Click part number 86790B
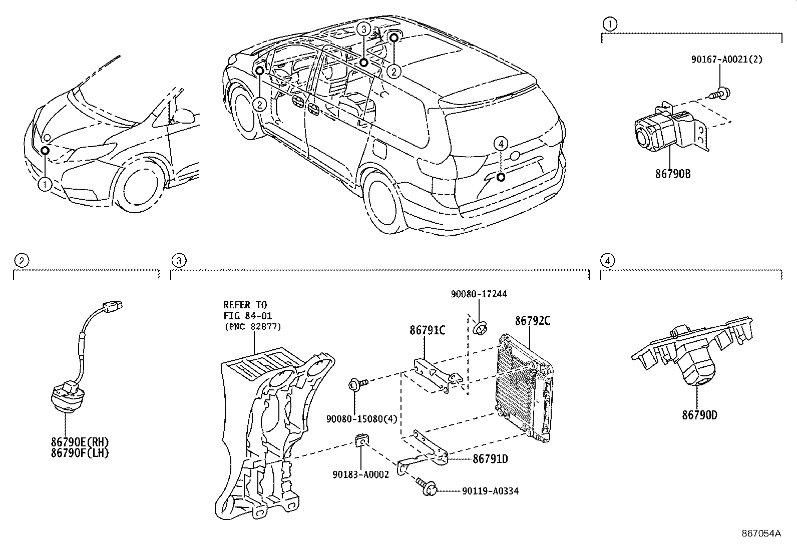(673, 174)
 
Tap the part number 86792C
(533, 321)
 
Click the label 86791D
(490, 458)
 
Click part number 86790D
(699, 415)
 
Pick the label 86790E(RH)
(80, 442)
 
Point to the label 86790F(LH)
(80, 453)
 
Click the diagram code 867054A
(761, 533)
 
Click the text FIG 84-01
(245, 315)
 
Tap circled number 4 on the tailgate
(500, 144)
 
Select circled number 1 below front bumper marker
(45, 185)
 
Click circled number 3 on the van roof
(364, 29)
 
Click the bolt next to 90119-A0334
(427, 488)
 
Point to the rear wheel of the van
(386, 200)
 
